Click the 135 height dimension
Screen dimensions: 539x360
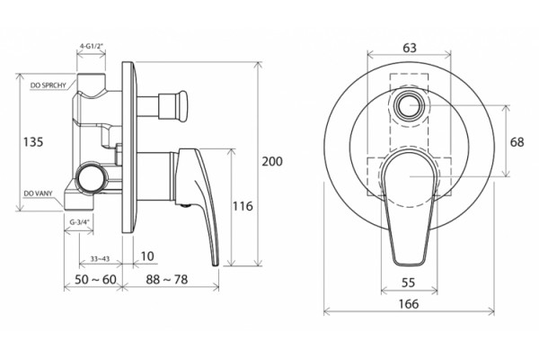pos(33,141)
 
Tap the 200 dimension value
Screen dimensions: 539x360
pos(272,161)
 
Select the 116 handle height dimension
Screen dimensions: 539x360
pos(243,206)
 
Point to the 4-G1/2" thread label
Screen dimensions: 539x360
pos(91,46)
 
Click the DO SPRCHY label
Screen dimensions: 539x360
pos(49,85)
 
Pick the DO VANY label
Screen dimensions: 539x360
pos(38,193)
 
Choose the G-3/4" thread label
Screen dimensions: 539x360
pos(79,222)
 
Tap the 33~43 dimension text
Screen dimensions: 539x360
pos(100,258)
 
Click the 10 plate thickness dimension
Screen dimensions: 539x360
pos(147,256)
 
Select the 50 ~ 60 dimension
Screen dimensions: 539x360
pos(95,279)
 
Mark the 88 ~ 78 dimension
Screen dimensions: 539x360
pos(167,279)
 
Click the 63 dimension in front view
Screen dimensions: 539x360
pos(409,48)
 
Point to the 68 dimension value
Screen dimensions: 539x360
pos(517,142)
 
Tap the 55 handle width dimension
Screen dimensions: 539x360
pos(409,283)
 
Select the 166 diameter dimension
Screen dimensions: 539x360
pos(409,304)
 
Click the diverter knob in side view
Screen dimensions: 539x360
pos(172,106)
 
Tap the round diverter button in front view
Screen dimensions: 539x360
pos(409,105)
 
